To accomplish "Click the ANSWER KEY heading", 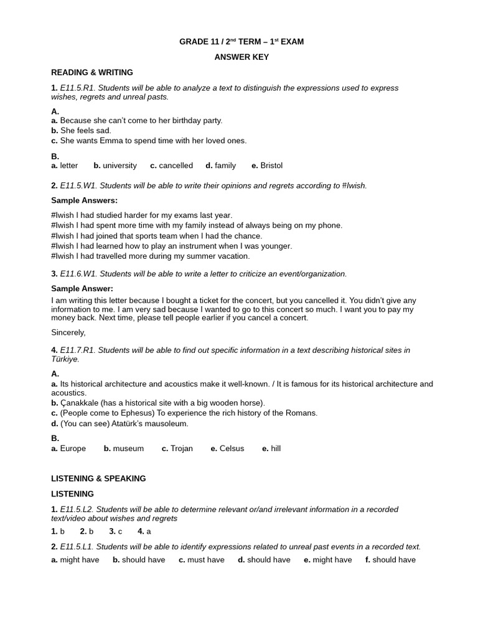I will (x=241, y=57).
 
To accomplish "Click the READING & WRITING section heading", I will (x=91, y=73).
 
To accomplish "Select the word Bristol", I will (x=271, y=165).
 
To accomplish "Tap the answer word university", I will (x=119, y=165).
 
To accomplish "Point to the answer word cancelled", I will (x=176, y=165).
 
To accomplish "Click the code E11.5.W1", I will (x=78, y=185).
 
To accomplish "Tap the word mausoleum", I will (x=165, y=424).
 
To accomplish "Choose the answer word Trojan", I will (x=182, y=449).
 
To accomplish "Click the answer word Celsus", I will (x=232, y=449).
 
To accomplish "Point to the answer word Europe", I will (x=73, y=449).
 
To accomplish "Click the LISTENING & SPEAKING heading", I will (x=98, y=478).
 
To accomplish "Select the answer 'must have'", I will (x=206, y=560).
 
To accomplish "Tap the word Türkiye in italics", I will (x=65, y=359).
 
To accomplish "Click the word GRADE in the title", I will (x=193, y=42).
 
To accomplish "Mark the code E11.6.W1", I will (x=78, y=274).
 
